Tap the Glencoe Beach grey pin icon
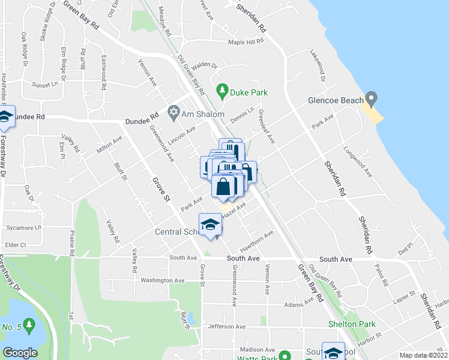click(x=372, y=97)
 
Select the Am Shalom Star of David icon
click(x=175, y=113)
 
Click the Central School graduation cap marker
click(x=210, y=225)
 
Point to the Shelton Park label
click(x=352, y=324)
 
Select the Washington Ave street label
click(x=162, y=280)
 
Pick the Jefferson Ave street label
click(x=226, y=327)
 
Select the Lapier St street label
click(x=404, y=297)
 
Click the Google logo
click(x=20, y=353)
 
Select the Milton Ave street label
click(x=109, y=145)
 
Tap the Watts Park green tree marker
click(x=286, y=356)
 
